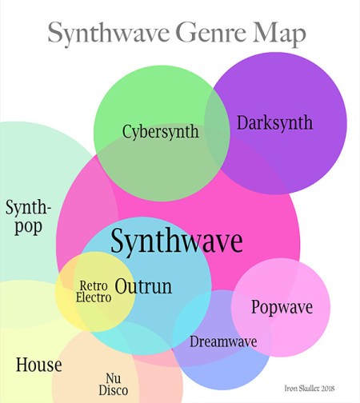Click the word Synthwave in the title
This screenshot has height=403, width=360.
click(109, 34)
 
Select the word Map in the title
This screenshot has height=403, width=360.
click(279, 34)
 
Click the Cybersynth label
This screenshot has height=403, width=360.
click(161, 132)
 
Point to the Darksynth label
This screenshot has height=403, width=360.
click(275, 122)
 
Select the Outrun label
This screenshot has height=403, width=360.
click(143, 286)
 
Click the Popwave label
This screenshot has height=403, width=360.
click(282, 307)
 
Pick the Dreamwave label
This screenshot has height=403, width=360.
click(223, 341)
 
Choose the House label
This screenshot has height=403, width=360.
click(39, 365)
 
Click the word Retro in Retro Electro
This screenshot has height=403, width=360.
click(94, 286)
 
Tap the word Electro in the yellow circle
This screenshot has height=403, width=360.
click(94, 297)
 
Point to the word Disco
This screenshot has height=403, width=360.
click(114, 390)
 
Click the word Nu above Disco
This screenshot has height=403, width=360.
click(114, 378)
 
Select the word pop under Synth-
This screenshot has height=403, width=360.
click(28, 228)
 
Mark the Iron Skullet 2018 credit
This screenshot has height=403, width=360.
click(310, 389)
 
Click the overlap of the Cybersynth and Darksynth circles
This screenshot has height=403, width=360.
click(218, 128)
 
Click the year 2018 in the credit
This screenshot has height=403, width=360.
click(328, 389)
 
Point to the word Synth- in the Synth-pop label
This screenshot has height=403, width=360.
click(28, 208)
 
